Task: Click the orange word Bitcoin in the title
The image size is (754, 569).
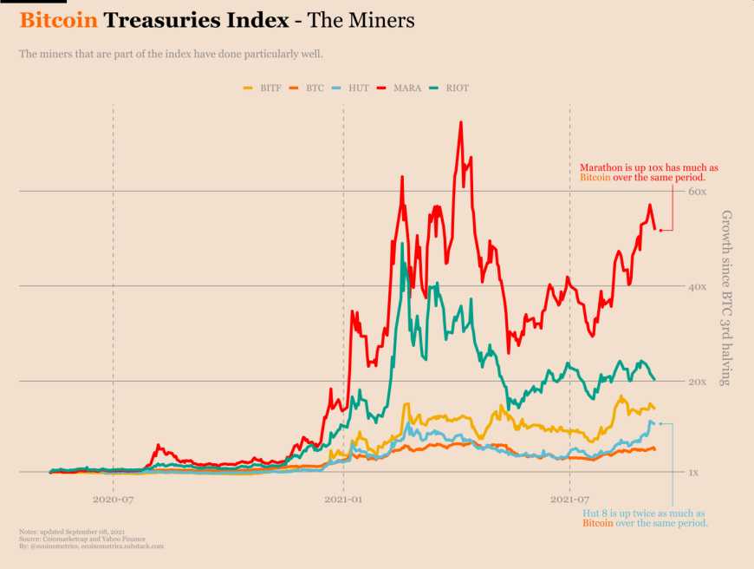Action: [x=58, y=19]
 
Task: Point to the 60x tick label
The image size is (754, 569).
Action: [x=699, y=191]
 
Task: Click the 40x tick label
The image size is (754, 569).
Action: [x=699, y=286]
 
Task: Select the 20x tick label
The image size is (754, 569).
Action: [x=699, y=382]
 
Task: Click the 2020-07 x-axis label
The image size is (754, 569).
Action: [x=113, y=500]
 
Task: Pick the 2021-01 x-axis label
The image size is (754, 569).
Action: [x=344, y=500]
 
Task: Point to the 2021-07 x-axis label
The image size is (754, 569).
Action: [x=569, y=500]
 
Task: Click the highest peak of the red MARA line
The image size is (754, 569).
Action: [x=460, y=122]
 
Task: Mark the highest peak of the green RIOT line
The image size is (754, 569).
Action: [x=402, y=244]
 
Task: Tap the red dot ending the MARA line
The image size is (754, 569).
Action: [x=660, y=230]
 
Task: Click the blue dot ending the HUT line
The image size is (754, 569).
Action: [x=660, y=423]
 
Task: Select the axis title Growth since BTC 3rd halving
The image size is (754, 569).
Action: [x=726, y=298]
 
